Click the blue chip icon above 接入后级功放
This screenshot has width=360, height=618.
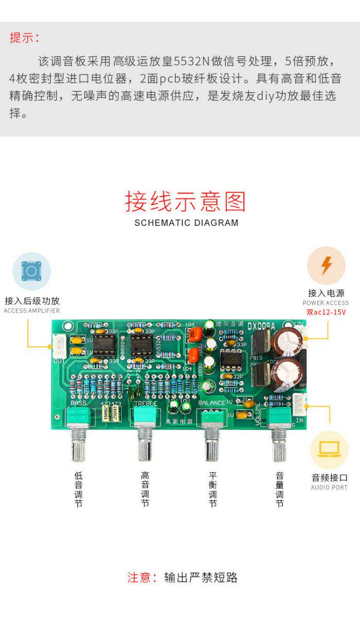[x=31, y=271]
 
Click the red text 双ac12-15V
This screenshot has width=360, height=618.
[x=326, y=312]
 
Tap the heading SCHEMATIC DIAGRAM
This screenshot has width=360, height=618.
[x=186, y=223]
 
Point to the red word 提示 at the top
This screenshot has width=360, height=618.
[x=24, y=38]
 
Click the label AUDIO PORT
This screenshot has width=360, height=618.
[x=329, y=488]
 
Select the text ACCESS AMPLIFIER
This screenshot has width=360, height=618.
[x=31, y=311]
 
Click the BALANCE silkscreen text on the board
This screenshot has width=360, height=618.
[x=211, y=403]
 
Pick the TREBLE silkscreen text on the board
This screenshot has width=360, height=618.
[x=145, y=403]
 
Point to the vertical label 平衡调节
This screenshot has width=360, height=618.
[x=212, y=490]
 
